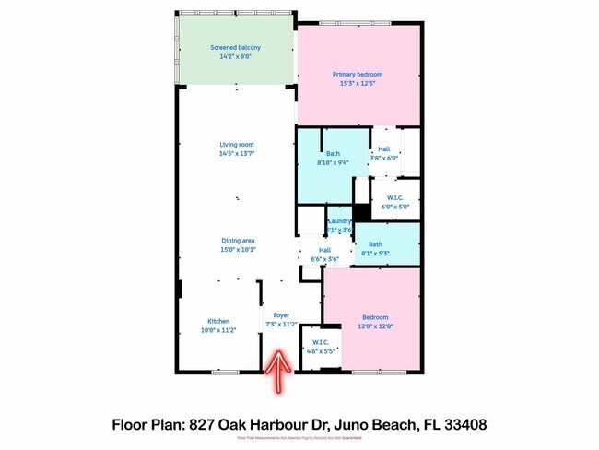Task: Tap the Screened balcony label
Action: click(x=235, y=47)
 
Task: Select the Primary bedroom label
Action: click(x=357, y=74)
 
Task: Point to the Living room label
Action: click(x=236, y=145)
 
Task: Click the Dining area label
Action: click(x=237, y=241)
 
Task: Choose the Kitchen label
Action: click(x=217, y=321)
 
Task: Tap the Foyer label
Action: click(x=280, y=315)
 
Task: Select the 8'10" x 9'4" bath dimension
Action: click(x=332, y=163)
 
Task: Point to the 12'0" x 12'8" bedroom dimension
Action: click(x=375, y=325)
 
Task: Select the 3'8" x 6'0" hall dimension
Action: click(x=383, y=158)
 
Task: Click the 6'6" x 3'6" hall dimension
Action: click(x=324, y=259)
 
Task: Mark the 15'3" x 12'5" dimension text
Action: click(x=357, y=83)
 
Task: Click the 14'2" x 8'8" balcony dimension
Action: click(x=235, y=56)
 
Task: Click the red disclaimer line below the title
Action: click(x=299, y=440)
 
